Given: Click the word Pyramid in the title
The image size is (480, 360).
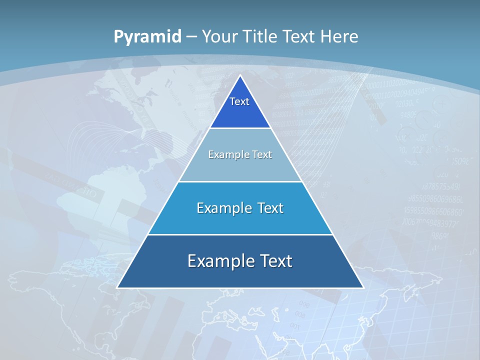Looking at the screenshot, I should (x=147, y=37).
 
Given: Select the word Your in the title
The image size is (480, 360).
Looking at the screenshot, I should (x=219, y=36).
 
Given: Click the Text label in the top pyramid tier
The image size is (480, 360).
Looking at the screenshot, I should (x=239, y=101).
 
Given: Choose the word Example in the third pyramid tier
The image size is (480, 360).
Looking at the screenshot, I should (x=223, y=208).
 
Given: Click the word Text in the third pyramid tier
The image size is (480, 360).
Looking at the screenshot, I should (x=270, y=208).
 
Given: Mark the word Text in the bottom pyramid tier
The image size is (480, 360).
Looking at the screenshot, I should (x=275, y=261).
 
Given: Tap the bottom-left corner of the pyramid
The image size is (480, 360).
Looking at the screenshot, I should (x=117, y=287).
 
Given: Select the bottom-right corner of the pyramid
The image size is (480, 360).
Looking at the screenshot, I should (x=363, y=287).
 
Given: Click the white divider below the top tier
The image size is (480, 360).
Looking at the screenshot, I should (x=240, y=128).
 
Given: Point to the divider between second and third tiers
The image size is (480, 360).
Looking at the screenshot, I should (x=240, y=181).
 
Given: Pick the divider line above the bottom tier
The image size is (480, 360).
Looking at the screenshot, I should (x=240, y=234).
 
